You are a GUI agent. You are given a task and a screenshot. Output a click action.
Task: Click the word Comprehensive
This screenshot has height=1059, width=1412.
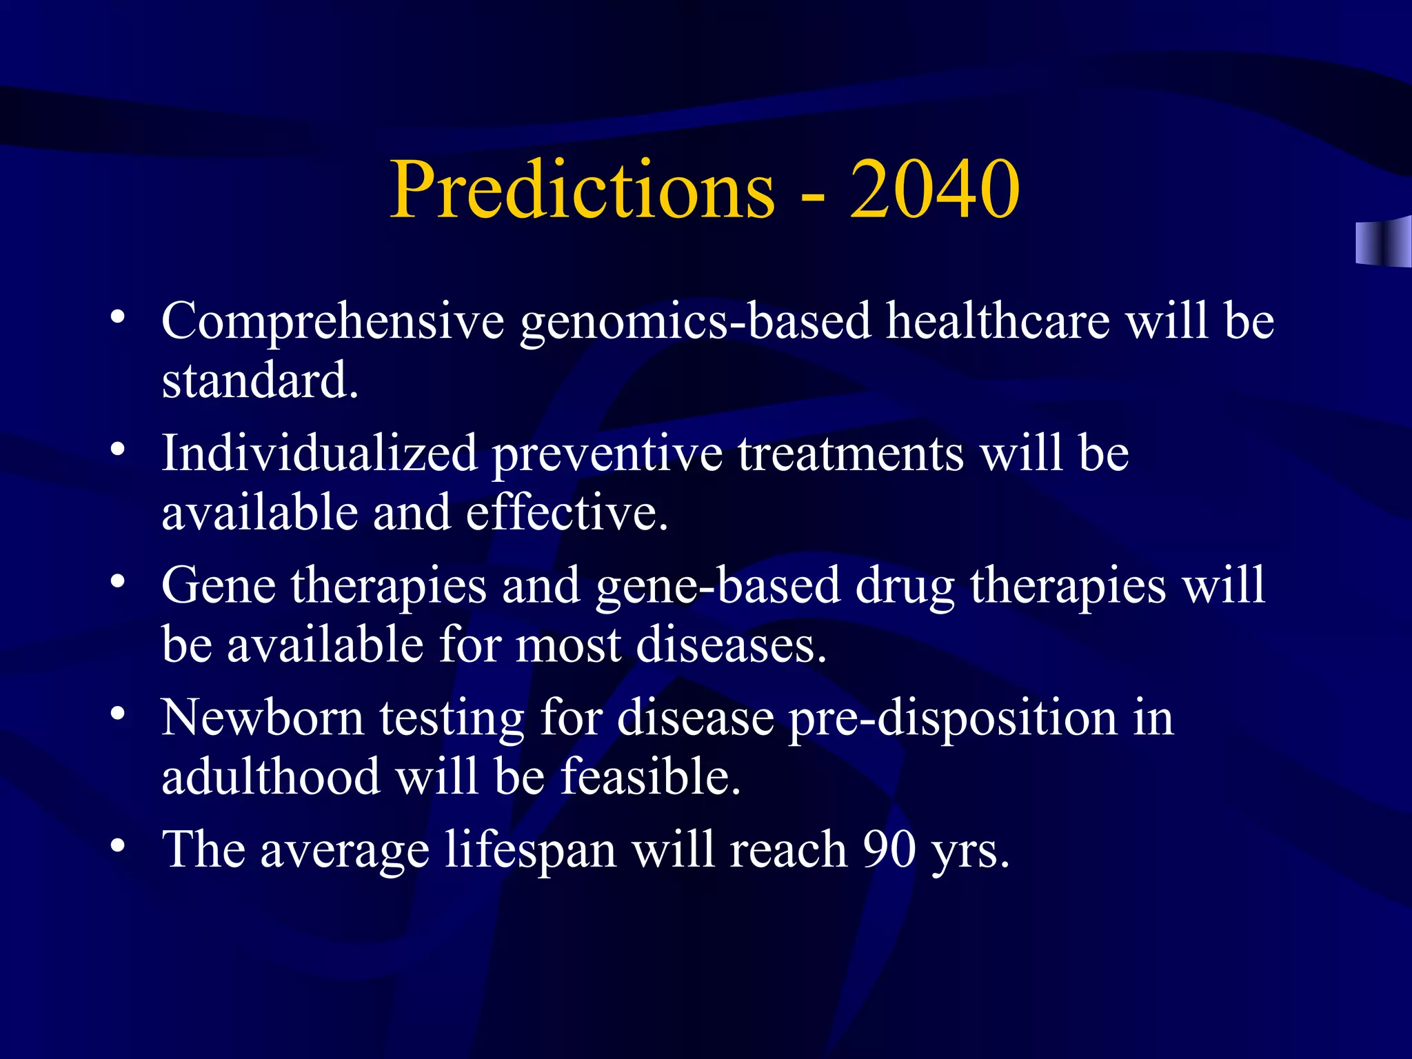(333, 322)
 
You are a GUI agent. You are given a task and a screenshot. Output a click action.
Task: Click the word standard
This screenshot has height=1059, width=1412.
(260, 381)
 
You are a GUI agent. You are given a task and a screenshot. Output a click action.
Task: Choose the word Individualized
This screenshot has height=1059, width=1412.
(319, 454)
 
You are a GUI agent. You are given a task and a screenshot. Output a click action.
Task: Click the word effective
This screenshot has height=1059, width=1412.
(567, 514)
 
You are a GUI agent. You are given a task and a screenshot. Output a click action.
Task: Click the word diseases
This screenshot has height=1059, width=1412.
(731, 646)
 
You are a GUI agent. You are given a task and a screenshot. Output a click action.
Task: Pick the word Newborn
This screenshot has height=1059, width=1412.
(263, 718)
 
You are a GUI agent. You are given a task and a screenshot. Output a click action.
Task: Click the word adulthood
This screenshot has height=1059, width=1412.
(270, 777)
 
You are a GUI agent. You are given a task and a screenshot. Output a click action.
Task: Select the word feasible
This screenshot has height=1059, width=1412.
(650, 777)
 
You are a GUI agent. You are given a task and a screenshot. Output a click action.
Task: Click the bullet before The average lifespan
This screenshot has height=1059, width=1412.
(118, 844)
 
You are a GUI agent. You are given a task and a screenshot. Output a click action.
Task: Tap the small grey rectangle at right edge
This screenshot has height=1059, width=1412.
(1382, 242)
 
